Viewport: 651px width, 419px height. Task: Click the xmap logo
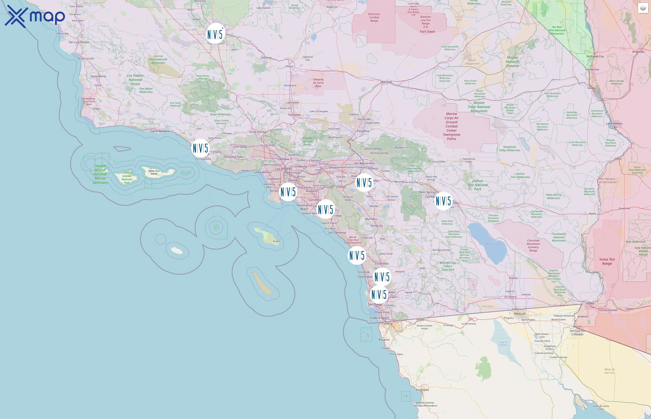tap(35, 16)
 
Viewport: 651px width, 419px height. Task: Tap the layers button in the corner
tap(643, 8)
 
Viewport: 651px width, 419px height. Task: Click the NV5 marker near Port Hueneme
tap(200, 148)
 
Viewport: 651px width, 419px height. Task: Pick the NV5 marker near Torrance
tap(288, 192)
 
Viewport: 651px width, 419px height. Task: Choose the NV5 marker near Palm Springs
tap(443, 201)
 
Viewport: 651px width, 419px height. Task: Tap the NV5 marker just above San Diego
tap(379, 294)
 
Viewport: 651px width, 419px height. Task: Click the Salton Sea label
tap(492, 244)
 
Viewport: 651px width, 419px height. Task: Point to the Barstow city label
tap(387, 82)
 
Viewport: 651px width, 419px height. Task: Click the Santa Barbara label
tap(160, 131)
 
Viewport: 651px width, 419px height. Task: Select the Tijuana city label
tap(387, 324)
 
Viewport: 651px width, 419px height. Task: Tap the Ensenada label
tap(422, 390)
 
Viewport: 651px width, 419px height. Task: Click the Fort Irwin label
tap(427, 32)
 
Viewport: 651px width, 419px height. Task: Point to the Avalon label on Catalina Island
tap(276, 241)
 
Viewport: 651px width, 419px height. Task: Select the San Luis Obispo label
tap(79, 42)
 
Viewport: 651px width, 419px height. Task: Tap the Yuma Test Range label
tap(607, 261)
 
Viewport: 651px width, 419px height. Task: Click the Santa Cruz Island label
tap(154, 172)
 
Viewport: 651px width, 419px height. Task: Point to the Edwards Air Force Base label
tap(318, 83)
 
